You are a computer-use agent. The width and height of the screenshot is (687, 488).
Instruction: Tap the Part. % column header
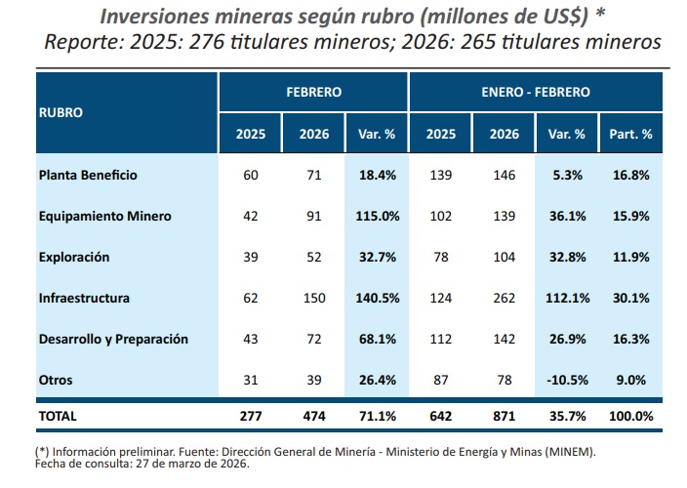(630, 134)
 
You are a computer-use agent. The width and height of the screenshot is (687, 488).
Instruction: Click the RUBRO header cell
(61, 111)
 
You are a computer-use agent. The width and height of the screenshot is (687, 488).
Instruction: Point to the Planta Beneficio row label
(88, 175)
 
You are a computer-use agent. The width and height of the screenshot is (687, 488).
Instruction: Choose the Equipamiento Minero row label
(104, 216)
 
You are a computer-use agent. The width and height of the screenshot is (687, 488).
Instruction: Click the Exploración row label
(74, 257)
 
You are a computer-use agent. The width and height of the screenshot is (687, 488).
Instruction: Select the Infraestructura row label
(84, 298)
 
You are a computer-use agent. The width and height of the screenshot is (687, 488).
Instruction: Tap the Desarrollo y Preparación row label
(113, 339)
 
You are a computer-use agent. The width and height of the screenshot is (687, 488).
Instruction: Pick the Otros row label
(56, 380)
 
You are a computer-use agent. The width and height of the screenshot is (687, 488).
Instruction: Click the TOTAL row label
(57, 416)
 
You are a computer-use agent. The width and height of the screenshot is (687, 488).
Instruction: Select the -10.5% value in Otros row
(566, 380)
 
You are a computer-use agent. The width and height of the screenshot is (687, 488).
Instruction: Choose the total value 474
(314, 416)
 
